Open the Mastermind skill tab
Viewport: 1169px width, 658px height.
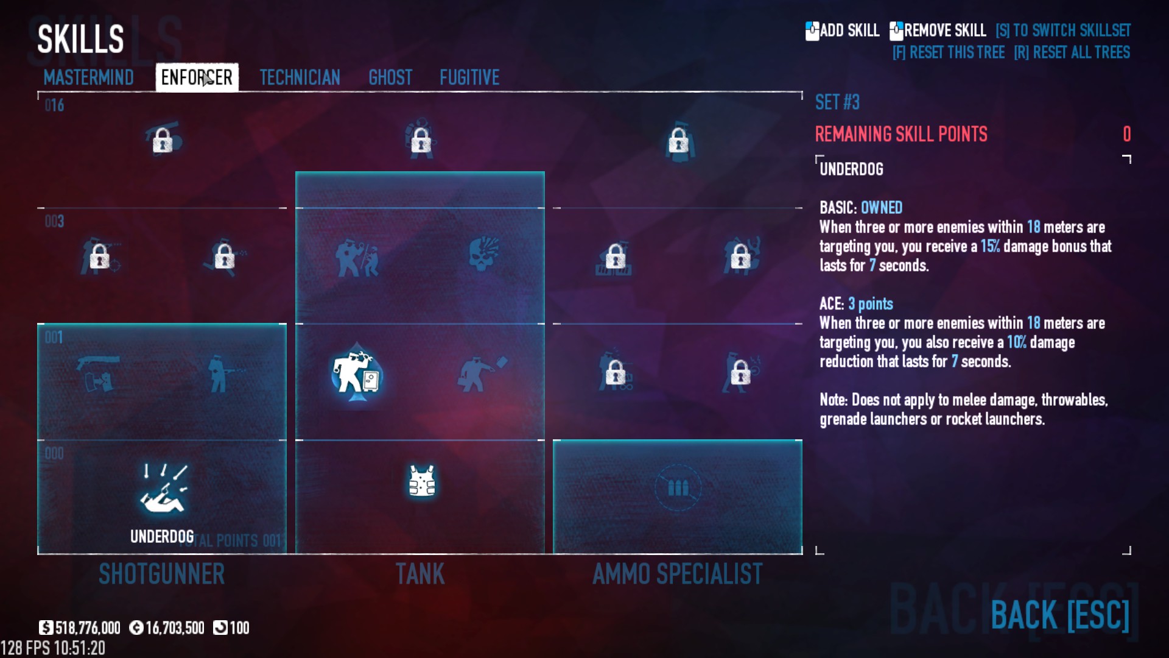[x=88, y=77]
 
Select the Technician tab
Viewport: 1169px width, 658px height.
[x=300, y=77]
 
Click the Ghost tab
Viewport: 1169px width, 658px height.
[x=390, y=77]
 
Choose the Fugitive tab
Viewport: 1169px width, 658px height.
[x=469, y=77]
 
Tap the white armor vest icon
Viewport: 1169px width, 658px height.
[x=421, y=482]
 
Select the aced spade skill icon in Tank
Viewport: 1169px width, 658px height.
[x=357, y=373]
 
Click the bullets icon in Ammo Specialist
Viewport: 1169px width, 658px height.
[x=678, y=487]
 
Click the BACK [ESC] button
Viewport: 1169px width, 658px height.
[x=1060, y=615]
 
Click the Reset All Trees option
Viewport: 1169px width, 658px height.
[x=1072, y=52]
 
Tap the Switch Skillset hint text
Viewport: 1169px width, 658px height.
[x=1063, y=30]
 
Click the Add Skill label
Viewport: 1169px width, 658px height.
[x=843, y=30]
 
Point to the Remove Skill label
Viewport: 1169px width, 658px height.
[x=938, y=30]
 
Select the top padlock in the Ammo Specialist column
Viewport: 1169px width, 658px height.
[x=678, y=141]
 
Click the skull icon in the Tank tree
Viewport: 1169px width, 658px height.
[x=484, y=253]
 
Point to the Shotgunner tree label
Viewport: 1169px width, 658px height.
[x=162, y=574]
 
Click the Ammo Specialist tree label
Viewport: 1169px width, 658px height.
[x=678, y=574]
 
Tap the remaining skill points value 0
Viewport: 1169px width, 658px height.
[x=1127, y=134]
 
